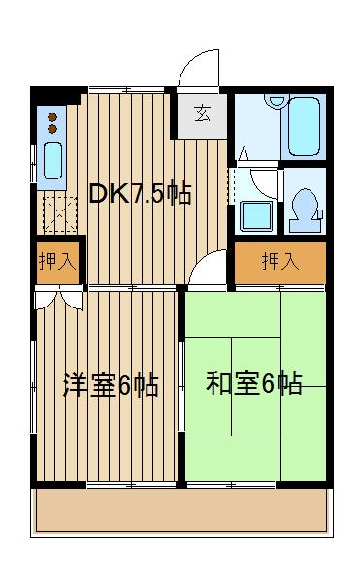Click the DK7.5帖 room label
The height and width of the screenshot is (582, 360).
[140, 193]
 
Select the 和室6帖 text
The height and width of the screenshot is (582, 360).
[253, 383]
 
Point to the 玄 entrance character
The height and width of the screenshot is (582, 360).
[202, 113]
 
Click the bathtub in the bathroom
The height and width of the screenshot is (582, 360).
[304, 125]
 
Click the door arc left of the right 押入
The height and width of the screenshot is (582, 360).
[208, 274]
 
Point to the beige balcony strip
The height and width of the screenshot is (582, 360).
[180, 511]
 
